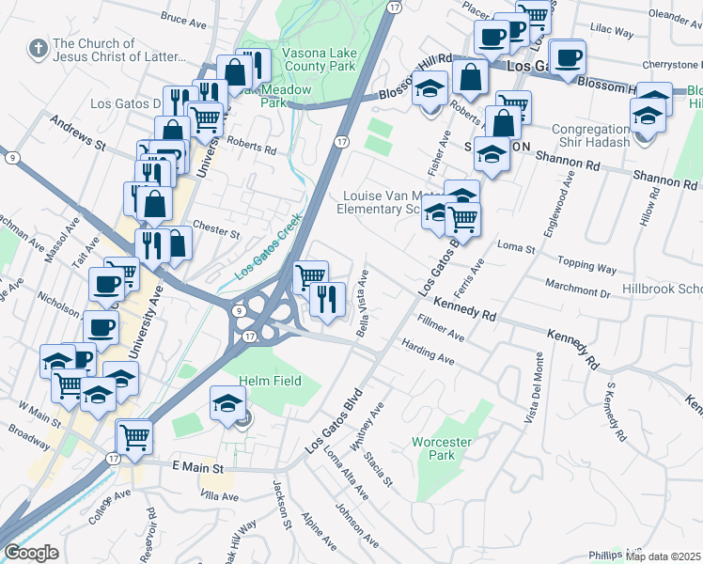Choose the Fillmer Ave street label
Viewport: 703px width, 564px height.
click(441, 328)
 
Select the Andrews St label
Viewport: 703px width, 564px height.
click(77, 135)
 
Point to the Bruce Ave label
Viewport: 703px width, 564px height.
click(183, 18)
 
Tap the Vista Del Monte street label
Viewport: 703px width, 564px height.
click(533, 385)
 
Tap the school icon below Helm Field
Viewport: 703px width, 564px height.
click(227, 402)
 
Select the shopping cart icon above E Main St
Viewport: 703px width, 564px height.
click(134, 436)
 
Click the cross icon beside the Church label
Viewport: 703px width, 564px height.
click(37, 48)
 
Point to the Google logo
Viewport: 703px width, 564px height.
click(30, 553)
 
